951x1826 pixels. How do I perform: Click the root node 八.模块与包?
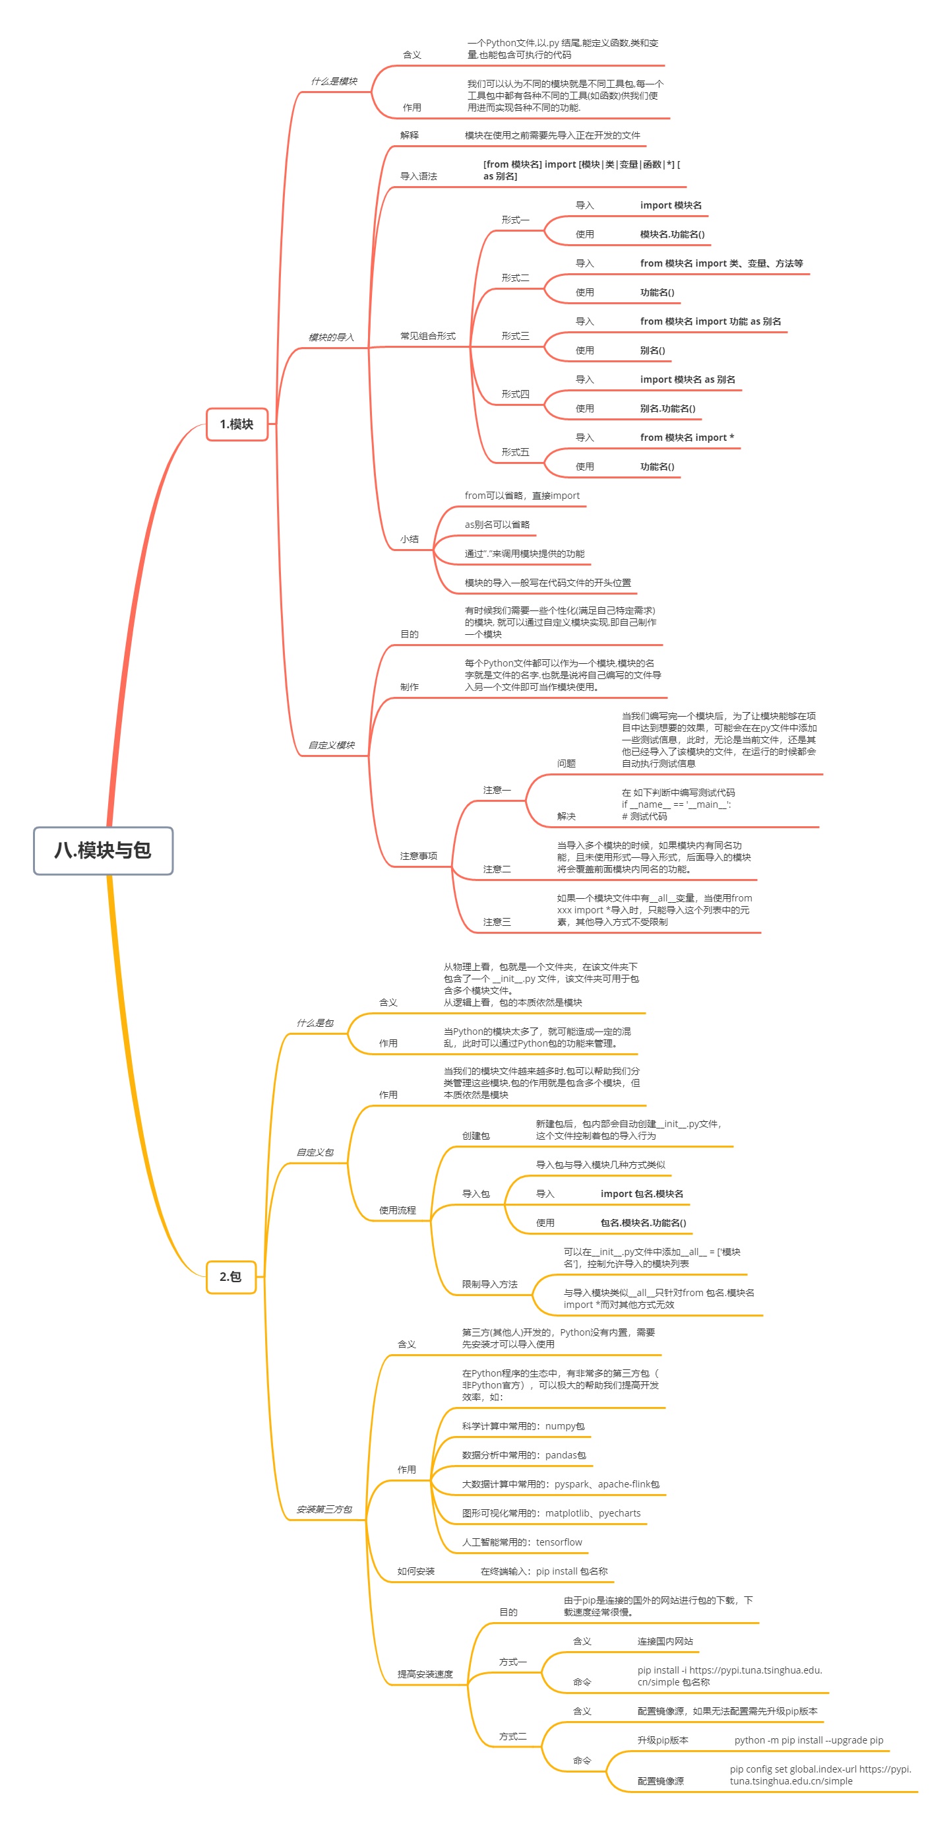click(x=103, y=850)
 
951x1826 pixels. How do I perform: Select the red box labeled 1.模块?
click(x=237, y=424)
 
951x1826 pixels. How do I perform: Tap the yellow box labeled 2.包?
click(x=230, y=1277)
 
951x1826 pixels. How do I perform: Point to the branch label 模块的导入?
click(x=331, y=337)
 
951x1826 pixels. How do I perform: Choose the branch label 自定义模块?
click(x=331, y=745)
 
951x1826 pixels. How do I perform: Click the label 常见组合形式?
click(x=428, y=336)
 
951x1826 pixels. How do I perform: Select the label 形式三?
click(x=515, y=336)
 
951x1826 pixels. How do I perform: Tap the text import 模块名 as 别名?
click(x=687, y=379)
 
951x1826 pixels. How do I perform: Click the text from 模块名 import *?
click(x=687, y=438)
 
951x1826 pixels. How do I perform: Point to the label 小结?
click(x=410, y=539)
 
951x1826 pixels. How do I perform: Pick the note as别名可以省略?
click(x=497, y=525)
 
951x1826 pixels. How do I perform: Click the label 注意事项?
click(x=419, y=857)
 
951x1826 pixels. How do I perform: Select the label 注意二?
click(x=497, y=869)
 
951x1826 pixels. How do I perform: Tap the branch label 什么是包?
click(x=315, y=1023)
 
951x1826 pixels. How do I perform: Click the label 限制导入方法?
click(x=489, y=1284)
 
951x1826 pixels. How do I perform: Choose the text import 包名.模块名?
click(x=642, y=1194)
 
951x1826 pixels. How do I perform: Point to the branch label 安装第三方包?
click(x=324, y=1509)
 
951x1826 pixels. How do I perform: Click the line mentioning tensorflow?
click(x=522, y=1542)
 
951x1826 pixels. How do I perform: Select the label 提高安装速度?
click(x=425, y=1674)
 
